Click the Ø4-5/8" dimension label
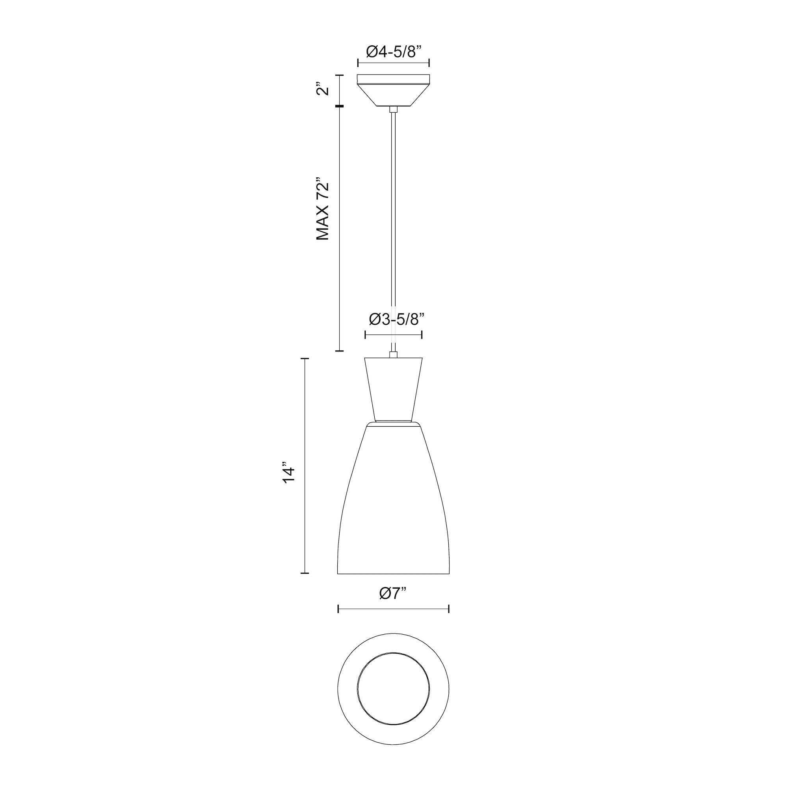pyautogui.click(x=393, y=52)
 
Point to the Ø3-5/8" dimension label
pyautogui.click(x=394, y=320)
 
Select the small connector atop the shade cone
pyautogui.click(x=394, y=355)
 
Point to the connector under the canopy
pyautogui.click(x=394, y=109)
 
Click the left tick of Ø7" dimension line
pyautogui.click(x=338, y=621)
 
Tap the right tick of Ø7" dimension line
pyautogui.click(x=449, y=621)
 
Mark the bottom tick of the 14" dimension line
pyautogui.click(x=304, y=573)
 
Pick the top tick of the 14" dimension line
pyautogui.click(x=304, y=359)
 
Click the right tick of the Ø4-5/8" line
pyautogui.click(x=429, y=63)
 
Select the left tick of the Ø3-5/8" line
pyautogui.click(x=365, y=335)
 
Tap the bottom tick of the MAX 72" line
pyautogui.click(x=339, y=351)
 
